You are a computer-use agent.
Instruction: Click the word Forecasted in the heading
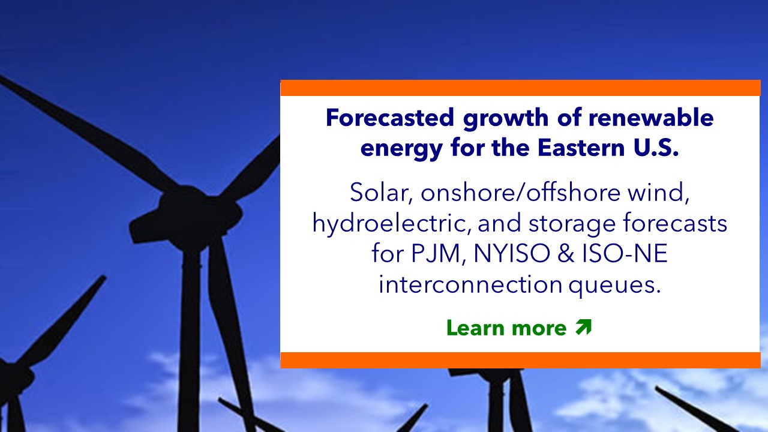390,118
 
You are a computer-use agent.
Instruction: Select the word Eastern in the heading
581,148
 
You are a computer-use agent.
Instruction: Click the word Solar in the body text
380,193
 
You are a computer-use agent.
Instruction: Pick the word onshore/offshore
520,193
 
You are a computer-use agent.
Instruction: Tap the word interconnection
470,284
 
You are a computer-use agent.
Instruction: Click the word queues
615,285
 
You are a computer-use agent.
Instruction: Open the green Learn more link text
506,328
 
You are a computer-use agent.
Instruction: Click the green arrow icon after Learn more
584,327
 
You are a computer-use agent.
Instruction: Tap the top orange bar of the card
520,88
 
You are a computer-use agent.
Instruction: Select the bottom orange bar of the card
520,360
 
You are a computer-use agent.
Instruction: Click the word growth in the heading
506,118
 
